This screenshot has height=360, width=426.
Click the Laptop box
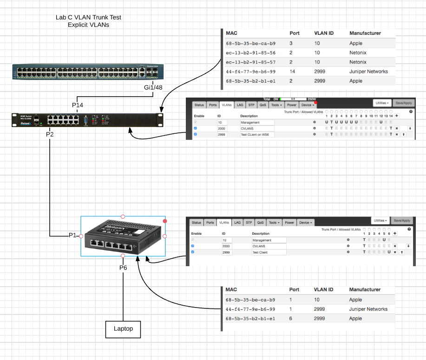coord(123,328)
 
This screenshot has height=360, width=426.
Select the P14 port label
coord(78,105)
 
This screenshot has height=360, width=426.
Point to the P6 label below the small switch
coord(123,268)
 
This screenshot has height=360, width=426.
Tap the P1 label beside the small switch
coord(72,236)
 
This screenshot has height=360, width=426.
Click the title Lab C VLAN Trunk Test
coord(88,18)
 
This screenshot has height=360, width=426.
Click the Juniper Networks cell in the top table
coord(368,72)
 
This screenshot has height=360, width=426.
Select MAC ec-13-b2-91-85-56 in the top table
coord(250,53)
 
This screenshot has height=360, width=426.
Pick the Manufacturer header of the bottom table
coord(365,289)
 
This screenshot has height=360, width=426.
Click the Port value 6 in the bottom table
coord(291,319)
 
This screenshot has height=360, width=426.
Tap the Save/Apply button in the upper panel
coord(403,103)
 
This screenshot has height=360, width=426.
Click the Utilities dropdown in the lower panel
coord(381,220)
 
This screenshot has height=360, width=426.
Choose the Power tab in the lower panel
coord(289,223)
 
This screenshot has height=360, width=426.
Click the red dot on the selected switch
coord(165,221)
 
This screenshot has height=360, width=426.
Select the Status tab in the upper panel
coord(199,105)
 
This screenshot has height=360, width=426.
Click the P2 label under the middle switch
coord(50,134)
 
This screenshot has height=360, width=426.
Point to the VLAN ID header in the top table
coord(324,33)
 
